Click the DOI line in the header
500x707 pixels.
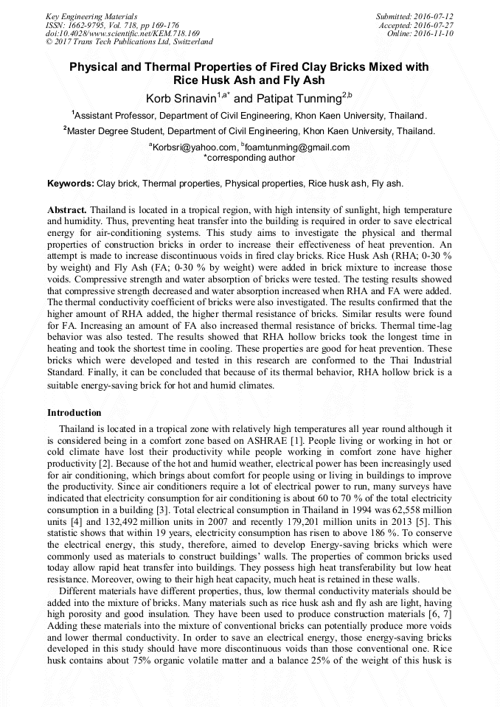click(x=113, y=33)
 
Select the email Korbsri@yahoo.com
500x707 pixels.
click(x=195, y=147)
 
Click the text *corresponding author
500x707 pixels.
click(x=249, y=157)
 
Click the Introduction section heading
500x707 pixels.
click(x=74, y=412)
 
